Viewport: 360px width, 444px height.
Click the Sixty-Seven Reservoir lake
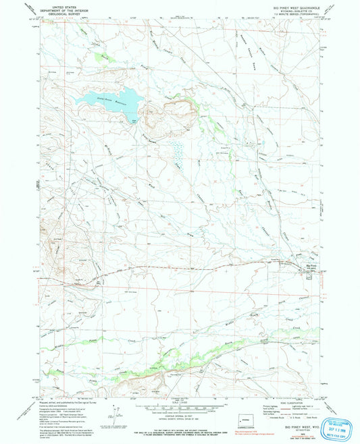(108, 101)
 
